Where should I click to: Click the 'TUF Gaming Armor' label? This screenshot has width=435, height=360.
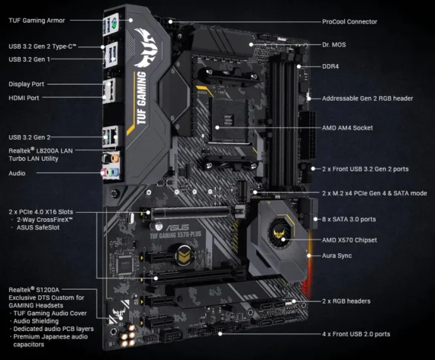click(x=36, y=21)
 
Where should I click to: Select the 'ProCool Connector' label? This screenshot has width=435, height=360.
click(x=350, y=21)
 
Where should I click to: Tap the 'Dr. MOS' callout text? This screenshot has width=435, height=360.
click(x=333, y=44)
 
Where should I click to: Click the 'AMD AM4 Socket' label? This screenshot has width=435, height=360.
click(x=347, y=127)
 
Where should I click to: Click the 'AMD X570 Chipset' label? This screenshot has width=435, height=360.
click(x=350, y=239)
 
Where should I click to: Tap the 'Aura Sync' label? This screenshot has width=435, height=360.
click(x=337, y=256)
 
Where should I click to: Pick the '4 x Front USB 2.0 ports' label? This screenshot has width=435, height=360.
click(x=356, y=334)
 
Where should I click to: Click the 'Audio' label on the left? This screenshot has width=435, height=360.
click(x=17, y=173)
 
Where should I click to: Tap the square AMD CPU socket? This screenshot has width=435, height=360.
click(x=227, y=127)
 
